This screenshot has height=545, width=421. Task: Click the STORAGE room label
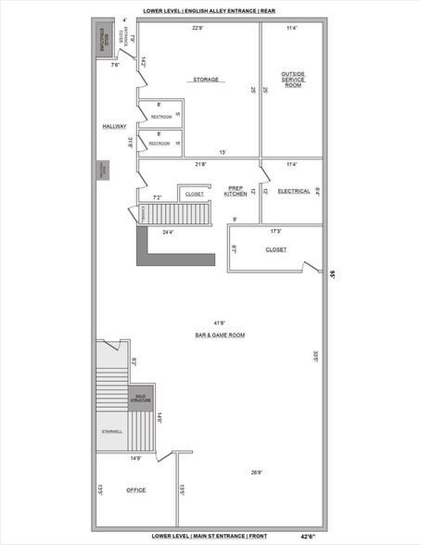(x=206, y=80)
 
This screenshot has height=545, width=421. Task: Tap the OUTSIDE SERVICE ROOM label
(x=292, y=79)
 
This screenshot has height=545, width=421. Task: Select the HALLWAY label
(x=115, y=126)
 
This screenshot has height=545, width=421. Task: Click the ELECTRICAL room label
(x=293, y=191)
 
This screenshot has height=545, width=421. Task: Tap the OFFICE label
(x=135, y=489)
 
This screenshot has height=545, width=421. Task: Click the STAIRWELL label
(x=111, y=431)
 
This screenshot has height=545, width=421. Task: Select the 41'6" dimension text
(x=218, y=322)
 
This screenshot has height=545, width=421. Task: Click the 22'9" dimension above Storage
(x=198, y=28)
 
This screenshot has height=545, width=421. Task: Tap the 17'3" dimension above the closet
(x=276, y=230)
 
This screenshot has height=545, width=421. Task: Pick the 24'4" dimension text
(x=170, y=232)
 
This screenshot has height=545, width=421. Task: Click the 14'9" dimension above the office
(x=136, y=457)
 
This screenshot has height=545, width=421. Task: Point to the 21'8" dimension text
(x=199, y=164)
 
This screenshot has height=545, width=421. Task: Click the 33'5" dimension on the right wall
(x=315, y=355)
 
